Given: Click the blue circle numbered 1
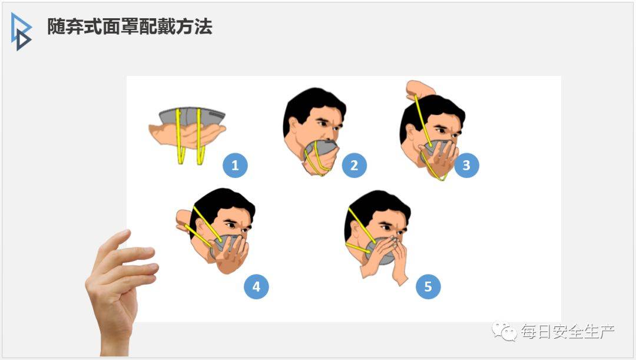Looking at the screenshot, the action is pyautogui.click(x=235, y=165).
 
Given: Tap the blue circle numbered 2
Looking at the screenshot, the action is pyautogui.click(x=354, y=165).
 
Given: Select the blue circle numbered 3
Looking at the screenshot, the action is pyautogui.click(x=466, y=165).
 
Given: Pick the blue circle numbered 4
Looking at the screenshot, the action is pyautogui.click(x=256, y=286).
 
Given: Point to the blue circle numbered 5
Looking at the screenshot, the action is pyautogui.click(x=428, y=286).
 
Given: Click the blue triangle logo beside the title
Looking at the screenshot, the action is pyautogui.click(x=21, y=32).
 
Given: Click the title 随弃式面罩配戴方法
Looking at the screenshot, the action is pyautogui.click(x=130, y=27).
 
